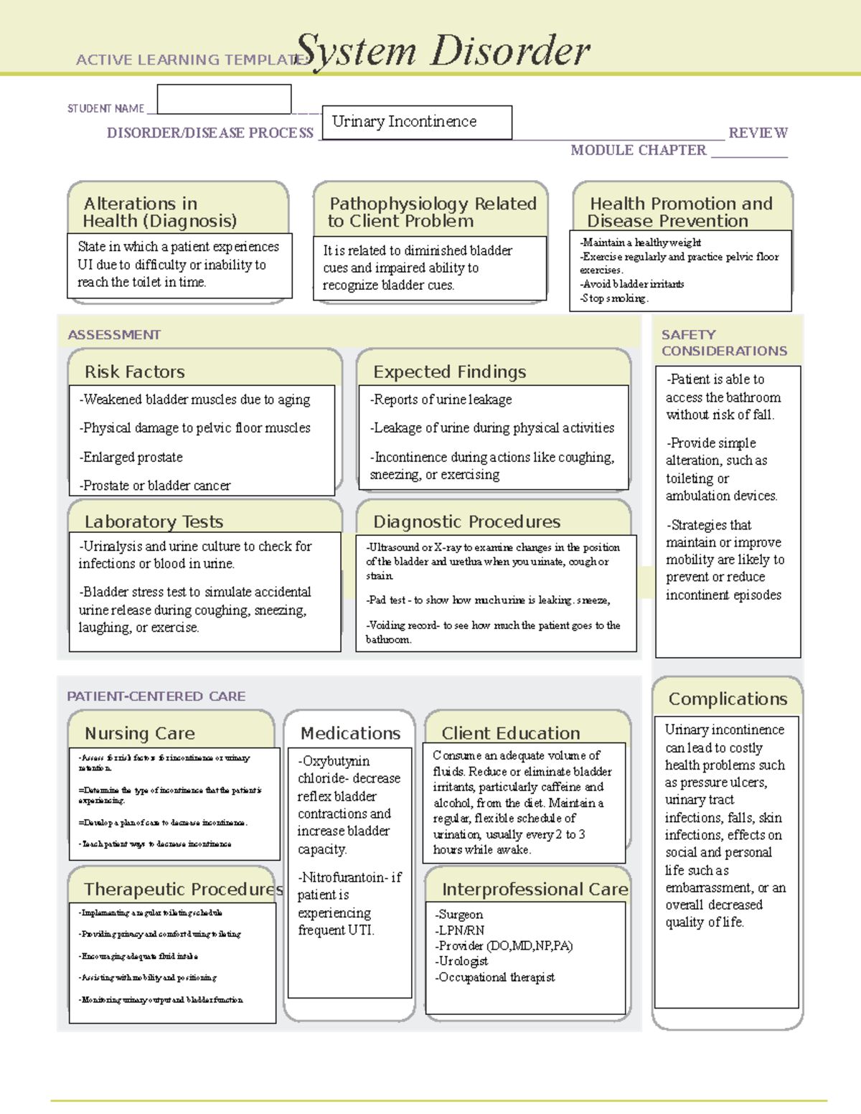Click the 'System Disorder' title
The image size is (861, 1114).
[x=443, y=52]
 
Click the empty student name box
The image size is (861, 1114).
[x=224, y=99]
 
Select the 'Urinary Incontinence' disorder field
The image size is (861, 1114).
[x=417, y=122]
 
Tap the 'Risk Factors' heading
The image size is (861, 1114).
[x=135, y=372]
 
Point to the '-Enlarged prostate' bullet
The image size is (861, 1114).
[x=131, y=457]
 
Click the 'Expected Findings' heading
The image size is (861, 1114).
[x=450, y=372]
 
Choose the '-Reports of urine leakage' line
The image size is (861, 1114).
[x=441, y=400]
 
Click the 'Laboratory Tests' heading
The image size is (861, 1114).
[x=154, y=521]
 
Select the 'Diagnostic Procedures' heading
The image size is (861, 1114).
[x=467, y=521]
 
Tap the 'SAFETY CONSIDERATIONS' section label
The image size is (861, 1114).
[x=723, y=343]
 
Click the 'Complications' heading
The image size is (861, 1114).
[x=728, y=699]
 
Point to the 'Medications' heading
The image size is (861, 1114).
[x=350, y=733]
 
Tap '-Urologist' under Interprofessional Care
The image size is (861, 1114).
[x=461, y=961]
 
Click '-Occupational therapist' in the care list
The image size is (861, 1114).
[x=494, y=977]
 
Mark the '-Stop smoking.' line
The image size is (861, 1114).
[x=614, y=298]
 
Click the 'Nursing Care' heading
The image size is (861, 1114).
[x=140, y=733]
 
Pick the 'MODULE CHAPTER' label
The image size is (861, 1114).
[x=638, y=150]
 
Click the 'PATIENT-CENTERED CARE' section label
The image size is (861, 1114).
[x=156, y=697]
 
